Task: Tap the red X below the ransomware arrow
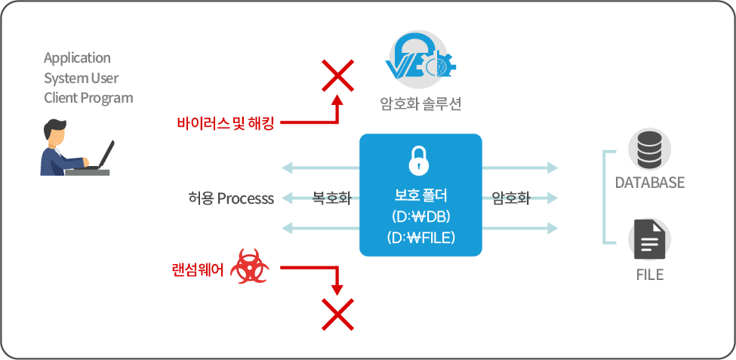click(x=337, y=314)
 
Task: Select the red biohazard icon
click(x=248, y=267)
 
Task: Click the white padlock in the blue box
click(x=420, y=161)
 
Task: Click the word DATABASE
click(x=649, y=183)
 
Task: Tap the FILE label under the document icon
click(x=649, y=275)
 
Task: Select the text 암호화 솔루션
click(x=420, y=103)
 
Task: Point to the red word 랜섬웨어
click(x=199, y=269)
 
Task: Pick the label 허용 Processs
click(x=231, y=198)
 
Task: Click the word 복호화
click(x=331, y=198)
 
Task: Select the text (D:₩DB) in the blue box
click(x=420, y=217)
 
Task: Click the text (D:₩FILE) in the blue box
click(x=420, y=238)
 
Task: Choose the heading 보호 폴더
click(x=420, y=195)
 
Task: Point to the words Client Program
click(x=88, y=97)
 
